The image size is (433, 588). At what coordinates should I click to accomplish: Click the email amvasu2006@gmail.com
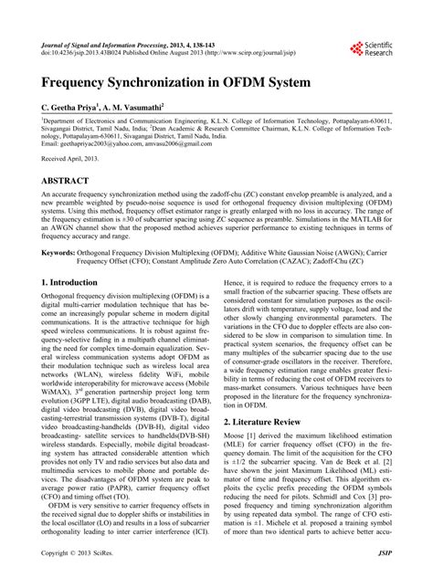pos(186,143)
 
